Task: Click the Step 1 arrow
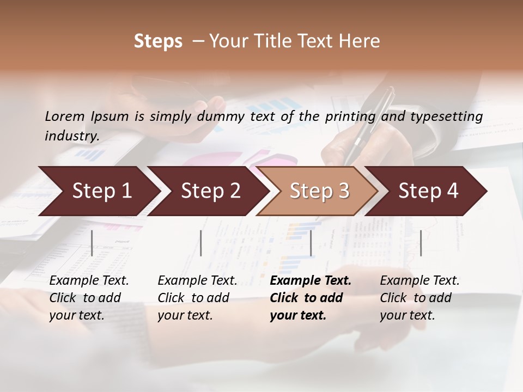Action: pyautogui.click(x=98, y=191)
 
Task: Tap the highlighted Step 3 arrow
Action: pyautogui.click(x=319, y=191)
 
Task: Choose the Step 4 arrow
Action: pyautogui.click(x=428, y=191)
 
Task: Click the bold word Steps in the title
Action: pyautogui.click(x=158, y=41)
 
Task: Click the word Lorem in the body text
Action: pyautogui.click(x=65, y=116)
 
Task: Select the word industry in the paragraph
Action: pyautogui.click(x=71, y=136)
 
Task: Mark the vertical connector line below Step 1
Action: pyautogui.click(x=92, y=243)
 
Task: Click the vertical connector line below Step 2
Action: pyautogui.click(x=201, y=243)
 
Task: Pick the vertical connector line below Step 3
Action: pyautogui.click(x=311, y=243)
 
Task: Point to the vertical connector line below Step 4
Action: pyautogui.click(x=421, y=243)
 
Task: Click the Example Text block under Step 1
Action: pyautogui.click(x=89, y=298)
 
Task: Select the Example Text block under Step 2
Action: pyautogui.click(x=197, y=298)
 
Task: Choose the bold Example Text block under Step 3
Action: pyautogui.click(x=311, y=298)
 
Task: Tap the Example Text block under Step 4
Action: pyautogui.click(x=419, y=298)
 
